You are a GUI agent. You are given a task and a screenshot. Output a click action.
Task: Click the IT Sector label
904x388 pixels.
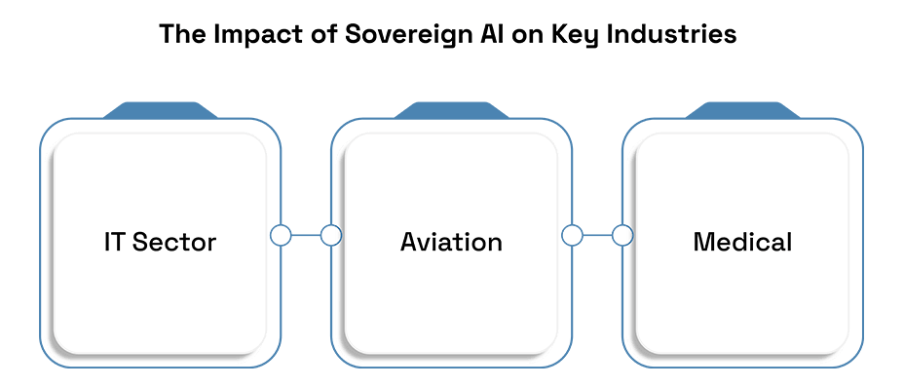tap(161, 242)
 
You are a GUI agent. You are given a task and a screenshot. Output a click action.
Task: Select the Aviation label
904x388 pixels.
tap(451, 242)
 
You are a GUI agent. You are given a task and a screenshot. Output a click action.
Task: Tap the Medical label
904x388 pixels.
tap(742, 242)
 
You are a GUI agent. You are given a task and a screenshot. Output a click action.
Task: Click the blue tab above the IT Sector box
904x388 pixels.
tap(161, 110)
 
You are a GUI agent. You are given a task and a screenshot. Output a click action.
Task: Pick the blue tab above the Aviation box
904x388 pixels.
tap(451, 110)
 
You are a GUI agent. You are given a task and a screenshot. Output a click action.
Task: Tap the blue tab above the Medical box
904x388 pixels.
tap(742, 110)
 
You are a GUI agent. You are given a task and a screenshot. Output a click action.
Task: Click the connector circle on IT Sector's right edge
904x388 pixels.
tap(281, 236)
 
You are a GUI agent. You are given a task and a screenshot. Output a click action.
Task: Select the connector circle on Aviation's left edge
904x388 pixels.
tap(331, 236)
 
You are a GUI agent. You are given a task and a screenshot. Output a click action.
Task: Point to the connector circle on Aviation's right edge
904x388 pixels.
tap(572, 236)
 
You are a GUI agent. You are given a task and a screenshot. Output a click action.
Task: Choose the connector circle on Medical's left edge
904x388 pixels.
tap(622, 236)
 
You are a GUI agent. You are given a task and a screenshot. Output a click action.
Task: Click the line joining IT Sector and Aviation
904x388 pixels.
tap(306, 236)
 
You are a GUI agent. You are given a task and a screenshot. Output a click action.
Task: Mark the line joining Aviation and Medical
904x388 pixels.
tap(597, 236)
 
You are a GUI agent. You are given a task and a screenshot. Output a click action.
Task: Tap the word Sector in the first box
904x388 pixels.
tap(174, 242)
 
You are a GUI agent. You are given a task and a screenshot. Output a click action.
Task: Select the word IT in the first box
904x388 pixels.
tap(114, 242)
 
